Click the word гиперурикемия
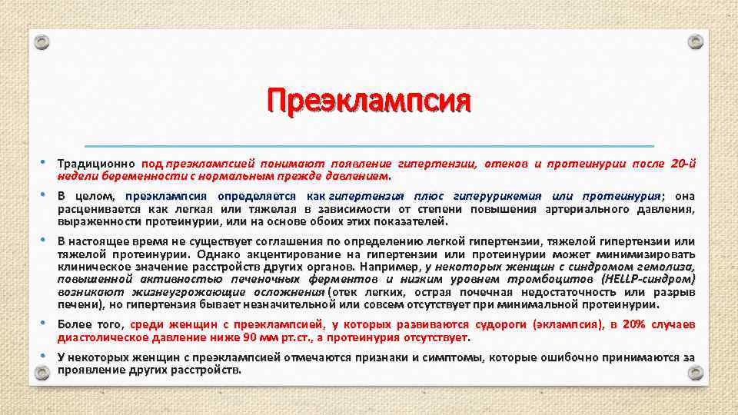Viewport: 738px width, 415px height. pyautogui.click(x=497, y=196)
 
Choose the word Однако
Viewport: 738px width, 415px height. pyautogui.click(x=216, y=254)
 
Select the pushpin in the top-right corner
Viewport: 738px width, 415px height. pyautogui.click(x=695, y=42)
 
